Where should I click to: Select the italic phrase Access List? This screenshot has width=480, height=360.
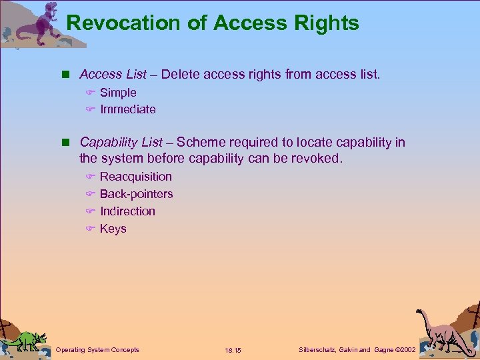click(113, 75)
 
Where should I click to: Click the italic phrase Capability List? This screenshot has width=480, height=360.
click(121, 142)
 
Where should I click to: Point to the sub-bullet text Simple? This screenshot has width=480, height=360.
click(118, 93)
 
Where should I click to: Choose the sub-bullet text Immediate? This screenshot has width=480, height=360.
click(128, 109)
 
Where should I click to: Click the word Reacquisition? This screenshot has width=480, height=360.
click(136, 177)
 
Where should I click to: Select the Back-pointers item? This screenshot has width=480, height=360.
click(136, 194)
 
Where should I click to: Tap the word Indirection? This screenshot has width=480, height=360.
click(127, 211)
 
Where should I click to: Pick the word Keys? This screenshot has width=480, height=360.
click(113, 229)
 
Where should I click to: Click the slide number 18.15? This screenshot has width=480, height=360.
click(233, 350)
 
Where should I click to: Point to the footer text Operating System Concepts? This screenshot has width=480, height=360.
click(97, 349)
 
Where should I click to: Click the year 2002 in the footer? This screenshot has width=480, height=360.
click(405, 349)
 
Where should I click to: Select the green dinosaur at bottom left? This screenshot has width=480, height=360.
click(25, 338)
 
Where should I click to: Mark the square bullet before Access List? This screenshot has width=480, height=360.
click(66, 75)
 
